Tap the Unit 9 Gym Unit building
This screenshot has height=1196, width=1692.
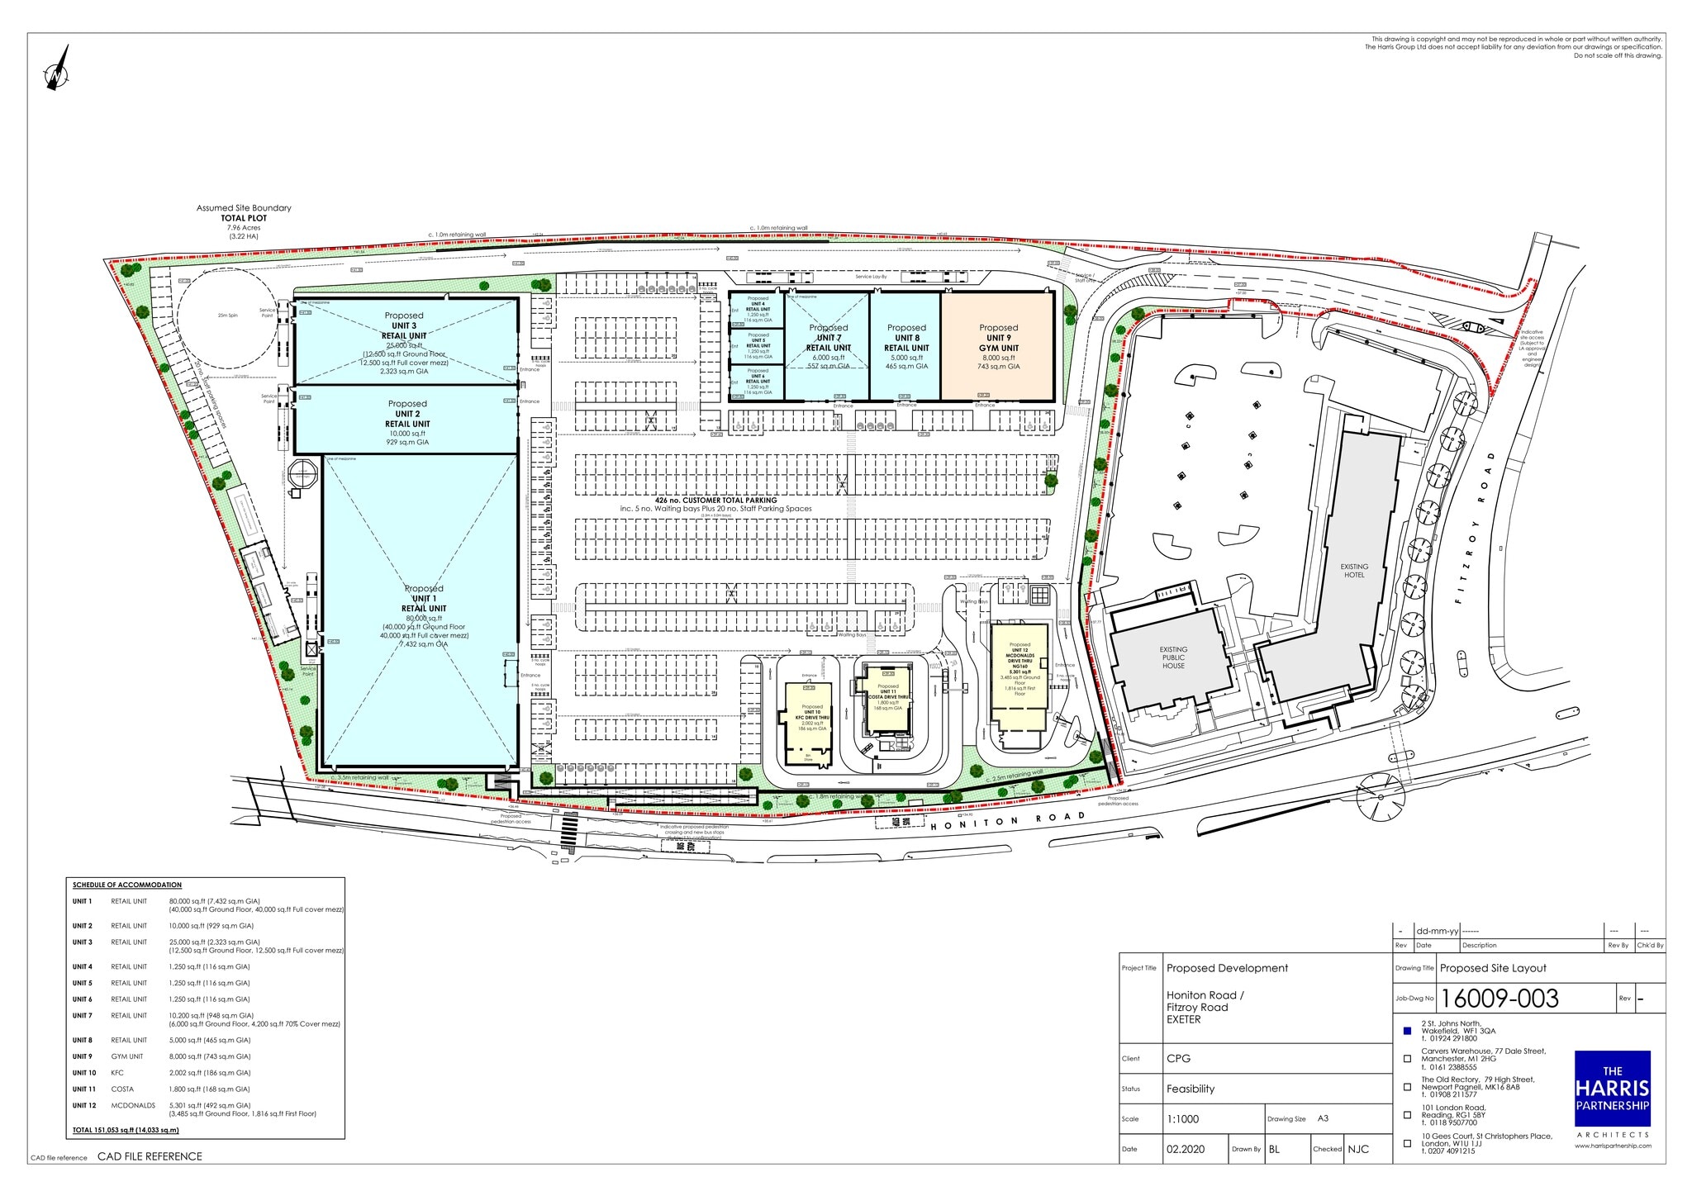point(998,346)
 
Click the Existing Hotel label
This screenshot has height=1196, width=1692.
point(1354,570)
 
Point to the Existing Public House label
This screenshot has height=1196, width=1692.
point(1173,657)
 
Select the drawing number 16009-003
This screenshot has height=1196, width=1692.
point(1499,999)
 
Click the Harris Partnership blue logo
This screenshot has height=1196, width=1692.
point(1612,1088)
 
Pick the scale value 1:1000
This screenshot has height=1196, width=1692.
point(1182,1119)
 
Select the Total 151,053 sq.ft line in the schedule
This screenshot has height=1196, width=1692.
point(126,1130)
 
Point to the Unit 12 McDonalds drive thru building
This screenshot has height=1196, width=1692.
point(1019,677)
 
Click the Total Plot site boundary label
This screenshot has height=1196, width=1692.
point(244,218)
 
